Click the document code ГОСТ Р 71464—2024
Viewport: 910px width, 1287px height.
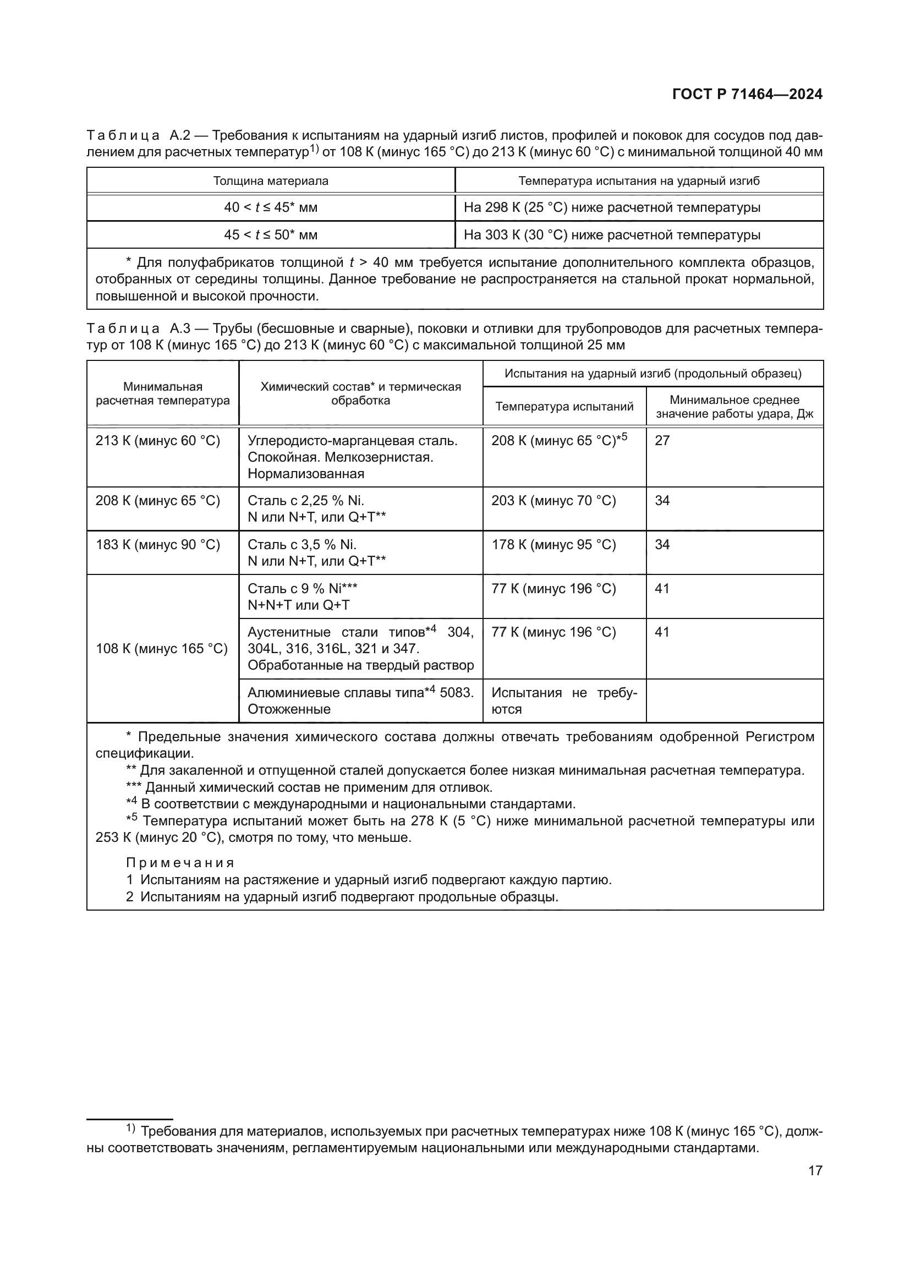click(x=747, y=94)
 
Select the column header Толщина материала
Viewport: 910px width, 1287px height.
click(x=271, y=181)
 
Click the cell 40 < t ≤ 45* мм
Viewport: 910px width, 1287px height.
click(x=271, y=207)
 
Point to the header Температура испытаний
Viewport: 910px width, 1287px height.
click(x=564, y=407)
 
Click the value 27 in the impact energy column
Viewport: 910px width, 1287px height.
click(x=662, y=441)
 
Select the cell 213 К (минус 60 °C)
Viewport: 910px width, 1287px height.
click(x=157, y=441)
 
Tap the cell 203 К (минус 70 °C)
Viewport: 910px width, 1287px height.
click(x=553, y=501)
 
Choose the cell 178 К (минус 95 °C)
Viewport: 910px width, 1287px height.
click(x=553, y=545)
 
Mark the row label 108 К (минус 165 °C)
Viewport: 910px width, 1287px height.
click(x=161, y=649)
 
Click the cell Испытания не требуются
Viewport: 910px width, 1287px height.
click(x=564, y=700)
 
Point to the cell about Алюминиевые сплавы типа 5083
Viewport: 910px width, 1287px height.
click(x=360, y=700)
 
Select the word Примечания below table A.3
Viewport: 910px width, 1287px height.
click(x=180, y=863)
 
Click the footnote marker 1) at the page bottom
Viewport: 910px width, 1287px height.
click(x=130, y=1128)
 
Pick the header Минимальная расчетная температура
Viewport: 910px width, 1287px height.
click(x=162, y=393)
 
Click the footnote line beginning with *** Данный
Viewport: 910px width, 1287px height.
click(x=309, y=787)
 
